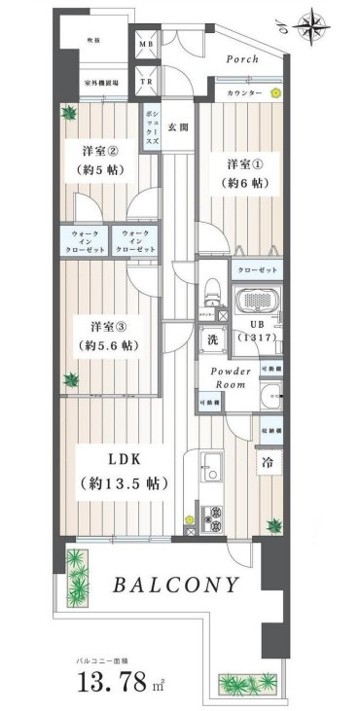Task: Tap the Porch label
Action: tap(241, 59)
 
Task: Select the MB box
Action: tap(147, 46)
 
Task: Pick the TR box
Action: tap(147, 83)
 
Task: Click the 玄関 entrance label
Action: tap(177, 127)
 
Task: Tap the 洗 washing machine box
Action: tap(210, 340)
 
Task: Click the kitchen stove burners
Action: tap(209, 515)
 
